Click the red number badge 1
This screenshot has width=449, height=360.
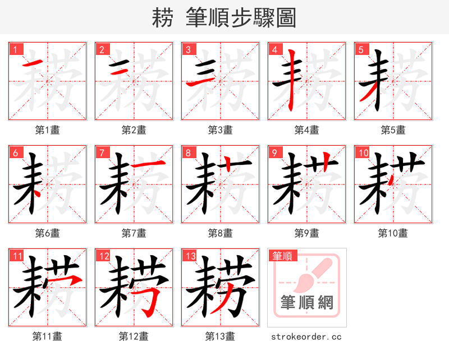tap(15, 49)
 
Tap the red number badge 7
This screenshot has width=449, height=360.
tap(102, 152)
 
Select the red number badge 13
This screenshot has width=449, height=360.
tap(189, 256)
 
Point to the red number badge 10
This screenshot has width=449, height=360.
tap(363, 152)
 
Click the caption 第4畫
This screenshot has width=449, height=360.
tap(306, 130)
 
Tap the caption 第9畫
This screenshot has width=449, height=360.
tap(306, 233)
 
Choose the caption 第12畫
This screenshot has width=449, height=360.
tap(134, 336)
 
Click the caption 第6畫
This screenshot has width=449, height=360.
tap(47, 233)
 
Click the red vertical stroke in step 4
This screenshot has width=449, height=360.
tap(292, 81)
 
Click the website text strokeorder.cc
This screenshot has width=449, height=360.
tap(306, 337)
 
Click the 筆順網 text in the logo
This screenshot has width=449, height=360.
tap(306, 303)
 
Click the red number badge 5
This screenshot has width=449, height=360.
tap(361, 49)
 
